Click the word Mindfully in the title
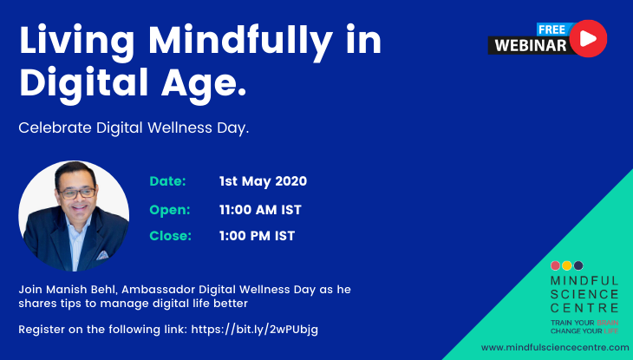(240, 42)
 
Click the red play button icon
(588, 38)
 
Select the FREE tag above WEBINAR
(552, 29)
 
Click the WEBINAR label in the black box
(531, 46)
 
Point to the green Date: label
(167, 181)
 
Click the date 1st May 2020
(263, 181)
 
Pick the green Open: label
(170, 210)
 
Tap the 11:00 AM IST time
(260, 210)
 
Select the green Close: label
(170, 236)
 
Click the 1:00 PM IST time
(257, 236)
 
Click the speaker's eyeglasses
(77, 193)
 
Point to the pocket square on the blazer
(102, 255)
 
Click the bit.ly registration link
(254, 330)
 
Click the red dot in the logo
(556, 265)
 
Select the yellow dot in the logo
(567, 265)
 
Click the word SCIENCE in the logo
(584, 294)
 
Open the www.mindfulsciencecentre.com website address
(555, 348)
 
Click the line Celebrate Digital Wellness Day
(134, 128)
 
